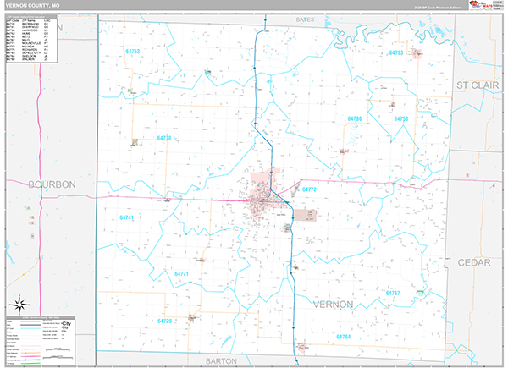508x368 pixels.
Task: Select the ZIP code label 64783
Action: (395, 53)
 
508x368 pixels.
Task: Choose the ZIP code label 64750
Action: (401, 119)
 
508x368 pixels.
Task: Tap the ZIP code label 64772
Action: (309, 190)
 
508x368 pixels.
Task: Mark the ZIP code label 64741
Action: (127, 217)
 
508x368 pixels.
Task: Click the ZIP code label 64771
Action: (181, 273)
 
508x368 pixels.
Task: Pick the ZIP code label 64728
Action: (164, 321)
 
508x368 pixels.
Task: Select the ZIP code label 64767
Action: (392, 293)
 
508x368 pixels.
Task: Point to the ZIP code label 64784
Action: (343, 337)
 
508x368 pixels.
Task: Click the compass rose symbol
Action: (19, 303)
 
